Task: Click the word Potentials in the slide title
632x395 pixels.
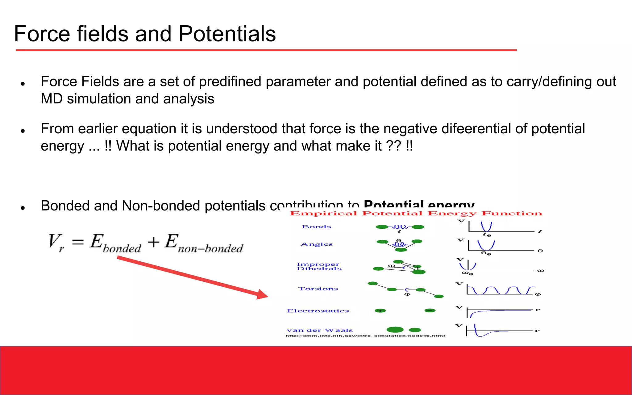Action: point(227,34)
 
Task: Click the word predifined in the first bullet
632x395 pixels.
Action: point(230,82)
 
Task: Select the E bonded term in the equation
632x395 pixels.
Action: point(115,243)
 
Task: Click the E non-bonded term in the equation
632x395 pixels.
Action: point(204,243)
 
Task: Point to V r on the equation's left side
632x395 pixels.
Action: point(56,243)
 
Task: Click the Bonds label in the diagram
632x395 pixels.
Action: point(316,227)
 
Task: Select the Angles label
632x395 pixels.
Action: point(317,244)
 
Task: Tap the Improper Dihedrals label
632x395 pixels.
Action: point(319,266)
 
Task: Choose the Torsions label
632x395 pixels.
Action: point(318,289)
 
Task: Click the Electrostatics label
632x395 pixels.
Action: point(318,311)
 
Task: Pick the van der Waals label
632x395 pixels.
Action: point(320,330)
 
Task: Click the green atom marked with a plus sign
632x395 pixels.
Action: point(380,311)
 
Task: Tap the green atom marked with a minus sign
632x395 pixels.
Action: point(430,310)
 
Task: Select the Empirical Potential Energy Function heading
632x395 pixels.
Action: point(416,214)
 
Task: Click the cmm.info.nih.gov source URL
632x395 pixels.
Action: point(365,336)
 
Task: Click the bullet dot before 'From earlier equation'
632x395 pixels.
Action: point(23,131)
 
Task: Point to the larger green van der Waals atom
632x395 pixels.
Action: point(395,330)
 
